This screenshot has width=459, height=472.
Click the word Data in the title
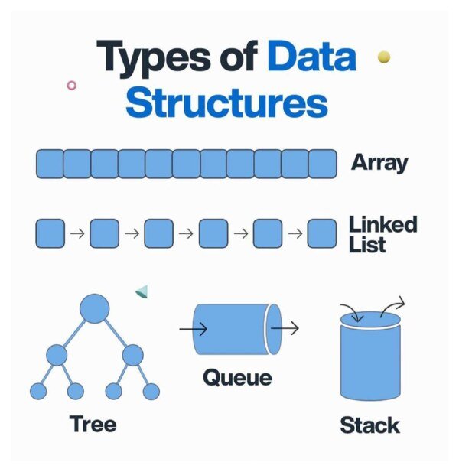[311, 58]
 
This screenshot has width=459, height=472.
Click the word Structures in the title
[226, 103]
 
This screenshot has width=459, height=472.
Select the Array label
[379, 163]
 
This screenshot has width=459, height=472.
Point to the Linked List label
[383, 234]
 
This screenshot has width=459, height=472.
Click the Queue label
[237, 377]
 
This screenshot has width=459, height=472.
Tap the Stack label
[370, 425]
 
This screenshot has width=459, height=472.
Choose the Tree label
[93, 423]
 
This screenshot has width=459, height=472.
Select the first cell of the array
[50, 164]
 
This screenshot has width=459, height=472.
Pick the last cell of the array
[322, 164]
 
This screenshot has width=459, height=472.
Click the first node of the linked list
[50, 233]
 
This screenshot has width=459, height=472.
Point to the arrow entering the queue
[194, 330]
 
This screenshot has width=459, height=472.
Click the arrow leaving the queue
[285, 329]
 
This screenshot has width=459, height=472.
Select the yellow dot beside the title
[384, 57]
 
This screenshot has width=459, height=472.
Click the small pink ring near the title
[72, 85]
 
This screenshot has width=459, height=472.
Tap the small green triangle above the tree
[142, 291]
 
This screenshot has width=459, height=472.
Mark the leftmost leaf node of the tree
[37, 392]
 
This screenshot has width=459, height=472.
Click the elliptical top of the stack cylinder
[370, 320]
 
